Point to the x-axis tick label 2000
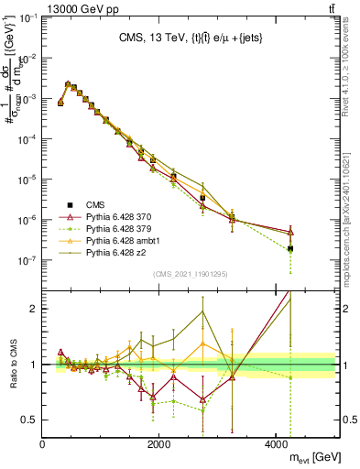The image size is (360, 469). tap(159, 444)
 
